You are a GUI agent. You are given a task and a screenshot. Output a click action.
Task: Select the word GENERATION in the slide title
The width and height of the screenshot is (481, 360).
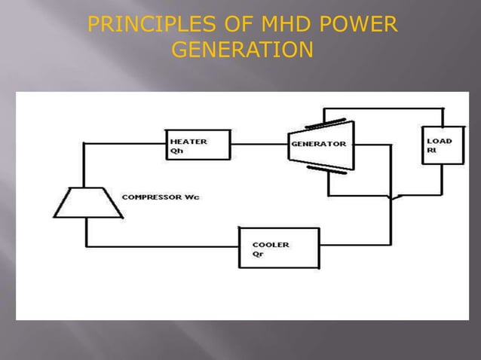pos(242,50)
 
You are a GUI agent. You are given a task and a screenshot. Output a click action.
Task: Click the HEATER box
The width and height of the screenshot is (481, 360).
pos(198,145)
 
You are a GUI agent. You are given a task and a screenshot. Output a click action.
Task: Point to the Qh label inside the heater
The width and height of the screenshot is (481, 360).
pos(176,149)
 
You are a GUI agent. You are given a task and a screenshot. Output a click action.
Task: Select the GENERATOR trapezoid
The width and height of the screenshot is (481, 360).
pos(320,144)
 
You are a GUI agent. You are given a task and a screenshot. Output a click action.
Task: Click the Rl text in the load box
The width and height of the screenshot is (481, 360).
pos(431,149)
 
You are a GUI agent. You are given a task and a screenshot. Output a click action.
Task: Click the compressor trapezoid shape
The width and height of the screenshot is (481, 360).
pos(87,201)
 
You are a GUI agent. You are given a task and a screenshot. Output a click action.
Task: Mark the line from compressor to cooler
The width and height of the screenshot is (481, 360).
pos(162,246)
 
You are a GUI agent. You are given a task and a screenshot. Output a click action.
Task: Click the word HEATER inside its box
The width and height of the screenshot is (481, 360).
pos(188,140)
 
